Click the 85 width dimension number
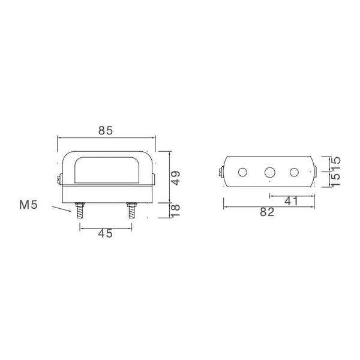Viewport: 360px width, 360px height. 106,130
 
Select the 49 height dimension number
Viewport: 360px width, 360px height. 176,178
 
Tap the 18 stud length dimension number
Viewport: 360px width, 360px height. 176,211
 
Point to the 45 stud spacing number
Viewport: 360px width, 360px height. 106,233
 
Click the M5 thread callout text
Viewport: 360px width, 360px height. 28,205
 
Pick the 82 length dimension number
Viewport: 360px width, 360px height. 267,212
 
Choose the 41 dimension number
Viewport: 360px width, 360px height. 291,202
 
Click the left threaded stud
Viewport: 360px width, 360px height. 80,211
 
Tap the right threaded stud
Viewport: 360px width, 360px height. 132,211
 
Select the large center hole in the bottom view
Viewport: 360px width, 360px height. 270,172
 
